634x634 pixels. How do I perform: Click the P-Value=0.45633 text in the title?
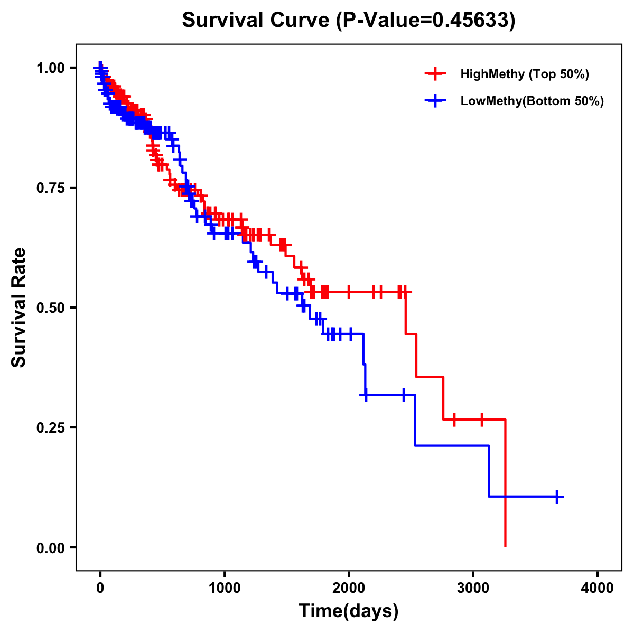tap(426, 20)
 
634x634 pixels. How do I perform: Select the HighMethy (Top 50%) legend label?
tap(524, 74)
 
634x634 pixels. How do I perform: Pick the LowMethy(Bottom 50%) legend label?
tap(532, 101)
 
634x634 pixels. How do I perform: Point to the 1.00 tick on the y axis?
tap(50, 68)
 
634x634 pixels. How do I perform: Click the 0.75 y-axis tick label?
tap(50, 188)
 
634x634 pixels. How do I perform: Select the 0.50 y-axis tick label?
tap(50, 308)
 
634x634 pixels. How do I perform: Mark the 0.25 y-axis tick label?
tap(50, 427)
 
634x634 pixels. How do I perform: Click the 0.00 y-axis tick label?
tap(50, 548)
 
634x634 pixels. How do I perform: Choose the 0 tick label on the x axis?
tap(100, 588)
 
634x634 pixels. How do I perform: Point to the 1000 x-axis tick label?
tap(225, 588)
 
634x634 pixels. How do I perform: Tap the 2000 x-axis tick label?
tap(349, 588)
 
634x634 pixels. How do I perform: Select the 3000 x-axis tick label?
tap(473, 588)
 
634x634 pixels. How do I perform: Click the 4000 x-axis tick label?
tap(598, 588)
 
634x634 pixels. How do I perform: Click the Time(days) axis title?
tap(349, 611)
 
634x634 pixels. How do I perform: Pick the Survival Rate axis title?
tap(19, 307)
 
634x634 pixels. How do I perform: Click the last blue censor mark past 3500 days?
tap(557, 497)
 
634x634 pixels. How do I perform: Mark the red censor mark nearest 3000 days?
tap(481, 420)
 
